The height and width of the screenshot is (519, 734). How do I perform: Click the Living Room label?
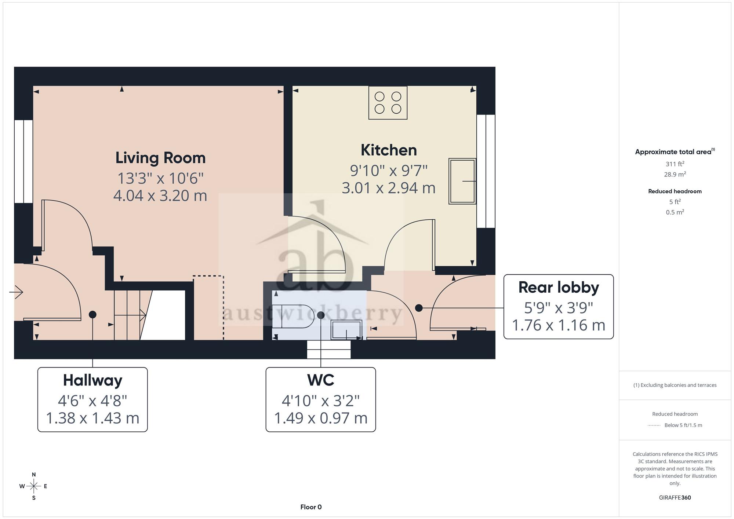pos(160,158)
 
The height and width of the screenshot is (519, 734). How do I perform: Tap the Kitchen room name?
pos(389,150)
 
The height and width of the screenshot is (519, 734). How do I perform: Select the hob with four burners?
pos(388,103)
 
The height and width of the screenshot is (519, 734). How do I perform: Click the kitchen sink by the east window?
pos(462,181)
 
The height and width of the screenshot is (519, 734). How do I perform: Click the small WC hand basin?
pos(346,330)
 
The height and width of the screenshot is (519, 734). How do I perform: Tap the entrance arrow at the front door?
pos(16,292)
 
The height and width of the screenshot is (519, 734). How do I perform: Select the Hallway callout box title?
pos(92,380)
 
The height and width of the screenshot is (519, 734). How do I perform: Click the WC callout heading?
pos(321,380)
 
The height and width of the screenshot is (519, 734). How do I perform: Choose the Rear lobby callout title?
pos(559,287)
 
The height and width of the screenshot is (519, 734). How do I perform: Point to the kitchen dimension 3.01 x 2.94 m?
pos(389,188)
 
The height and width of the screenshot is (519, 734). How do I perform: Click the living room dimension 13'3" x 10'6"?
pos(160,178)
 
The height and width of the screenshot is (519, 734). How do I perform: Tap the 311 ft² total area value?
pos(675,164)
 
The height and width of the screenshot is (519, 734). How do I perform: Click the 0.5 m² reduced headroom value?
pos(675,212)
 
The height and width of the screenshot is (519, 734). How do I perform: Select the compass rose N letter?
pos(34,475)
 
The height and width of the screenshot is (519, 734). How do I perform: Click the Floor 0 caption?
pos(311,507)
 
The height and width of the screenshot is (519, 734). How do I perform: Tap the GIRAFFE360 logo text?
pos(675,498)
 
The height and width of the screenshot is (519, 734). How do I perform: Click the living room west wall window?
pos(23,161)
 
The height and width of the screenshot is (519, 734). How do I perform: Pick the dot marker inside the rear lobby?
pos(419,308)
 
